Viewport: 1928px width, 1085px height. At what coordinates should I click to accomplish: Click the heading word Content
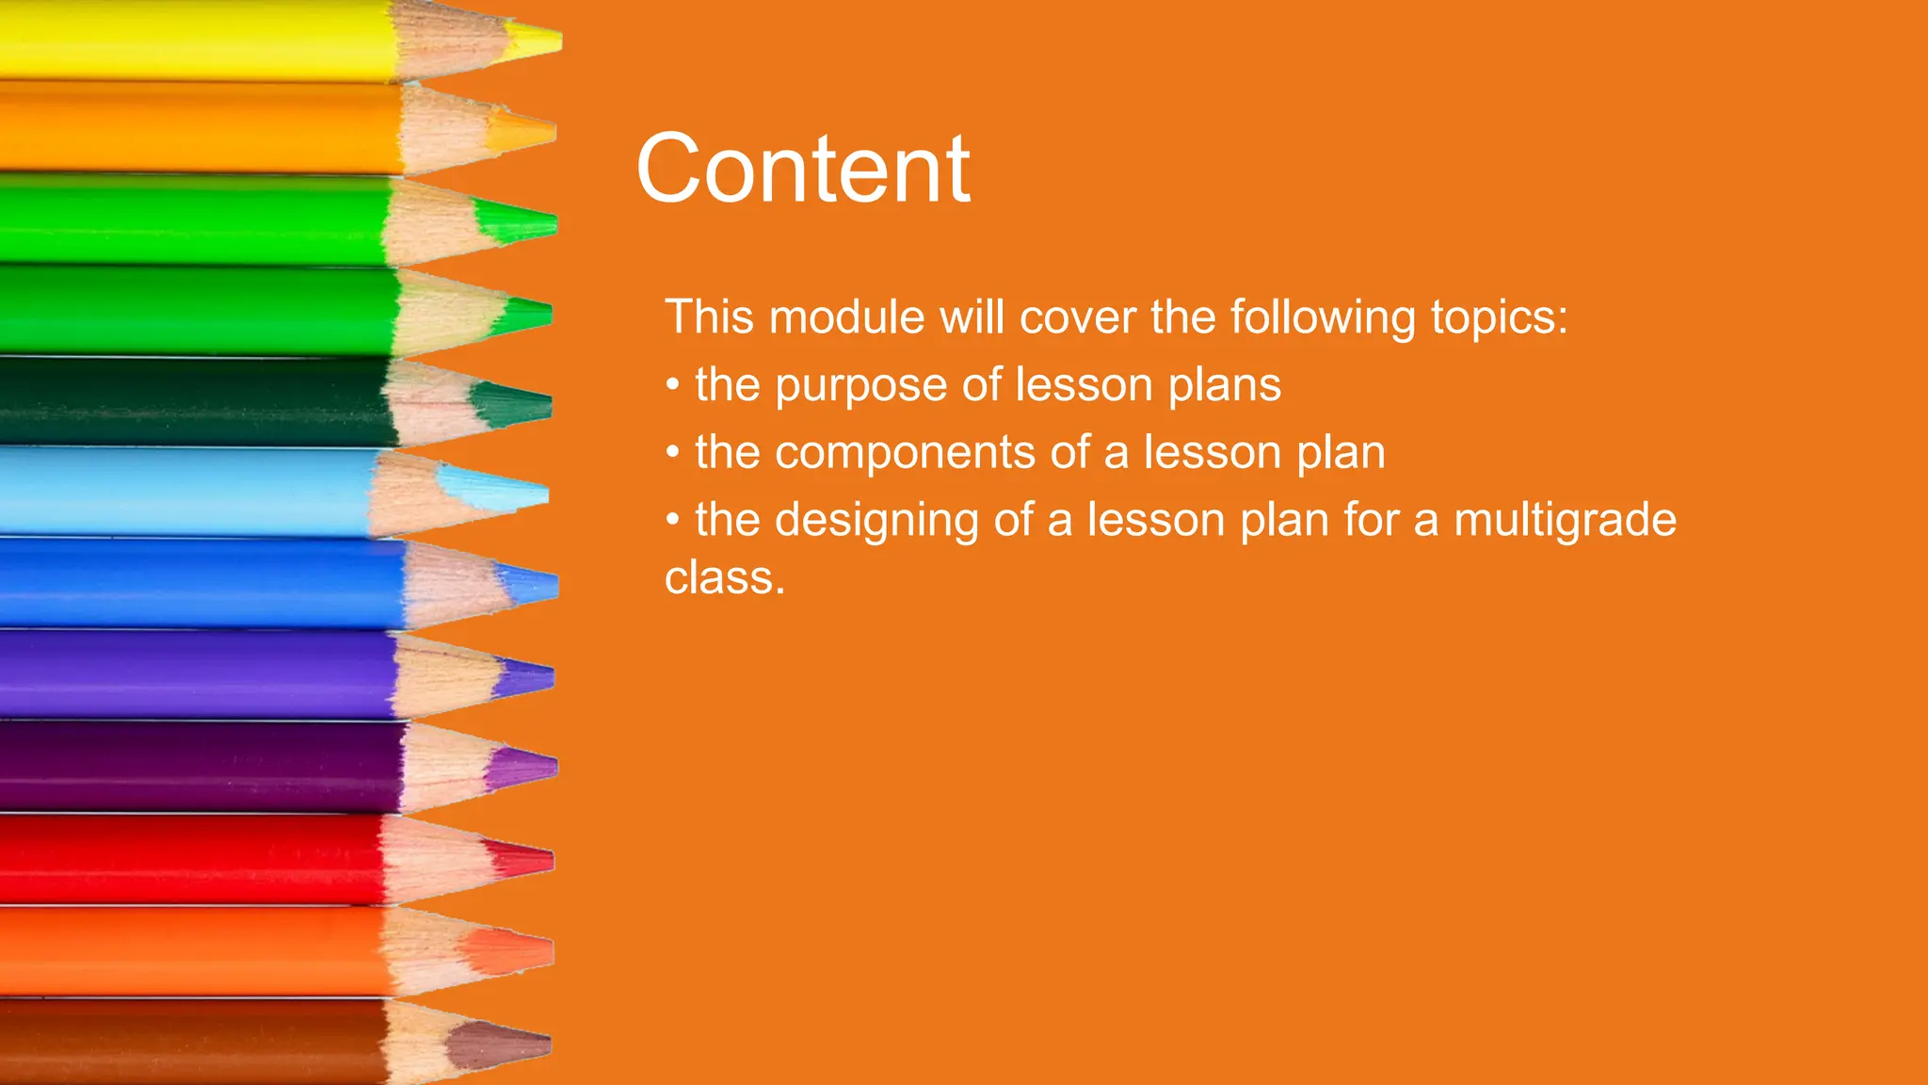pyautogui.click(x=802, y=170)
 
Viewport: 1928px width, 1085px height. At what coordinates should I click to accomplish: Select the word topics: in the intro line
pyautogui.click(x=1500, y=317)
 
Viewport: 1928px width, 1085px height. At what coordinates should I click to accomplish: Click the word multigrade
pyautogui.click(x=1565, y=521)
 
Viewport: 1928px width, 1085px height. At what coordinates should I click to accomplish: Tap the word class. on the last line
pyautogui.click(x=724, y=578)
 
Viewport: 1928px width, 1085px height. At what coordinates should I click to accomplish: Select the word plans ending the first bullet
pyautogui.click(x=1224, y=386)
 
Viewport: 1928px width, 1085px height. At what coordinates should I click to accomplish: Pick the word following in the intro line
pyautogui.click(x=1322, y=317)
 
